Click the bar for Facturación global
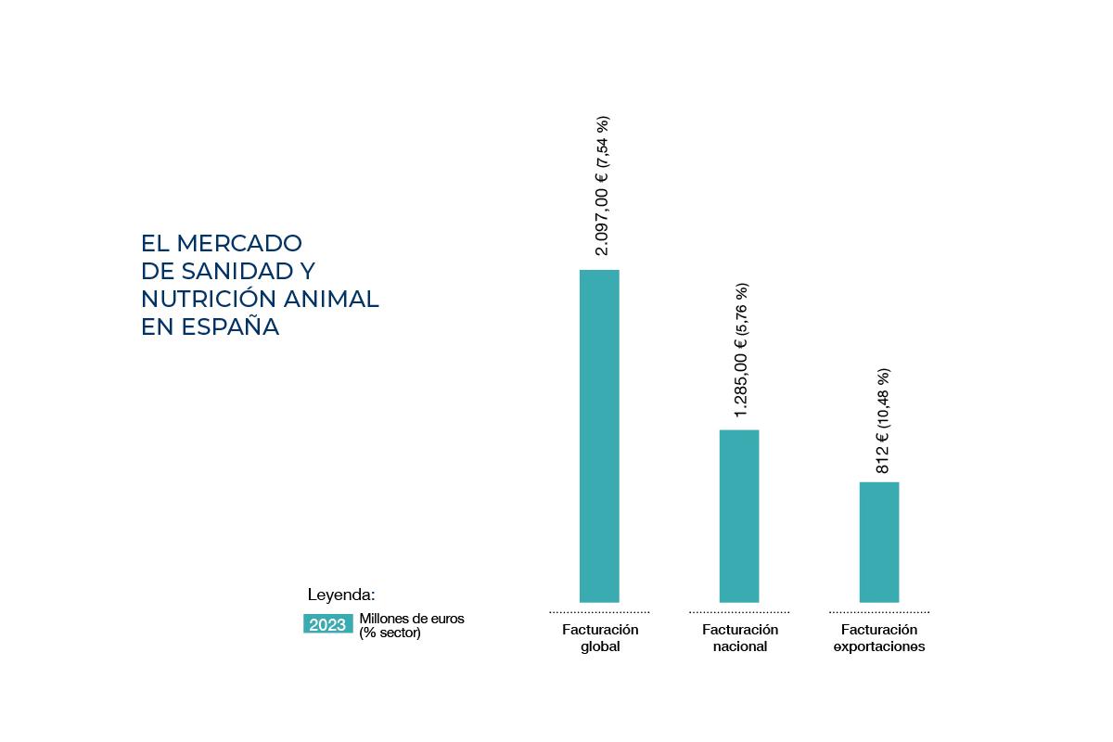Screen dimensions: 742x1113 (599, 436)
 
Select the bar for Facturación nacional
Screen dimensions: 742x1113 (739, 516)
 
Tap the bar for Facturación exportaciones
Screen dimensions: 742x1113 (879, 542)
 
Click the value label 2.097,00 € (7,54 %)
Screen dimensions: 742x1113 (602, 185)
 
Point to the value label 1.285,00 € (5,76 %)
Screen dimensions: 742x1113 (741, 350)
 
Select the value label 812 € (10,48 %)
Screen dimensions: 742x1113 (882, 421)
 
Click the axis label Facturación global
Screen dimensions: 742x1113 (600, 638)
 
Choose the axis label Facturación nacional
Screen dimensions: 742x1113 (740, 638)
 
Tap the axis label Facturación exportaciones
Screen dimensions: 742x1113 (879, 638)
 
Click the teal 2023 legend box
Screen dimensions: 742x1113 (327, 624)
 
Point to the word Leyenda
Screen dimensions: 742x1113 (341, 595)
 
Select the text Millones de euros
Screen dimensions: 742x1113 (412, 618)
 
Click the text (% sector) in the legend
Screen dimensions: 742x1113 (390, 633)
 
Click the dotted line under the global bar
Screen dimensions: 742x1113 (599, 612)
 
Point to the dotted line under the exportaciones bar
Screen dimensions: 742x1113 (879, 612)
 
